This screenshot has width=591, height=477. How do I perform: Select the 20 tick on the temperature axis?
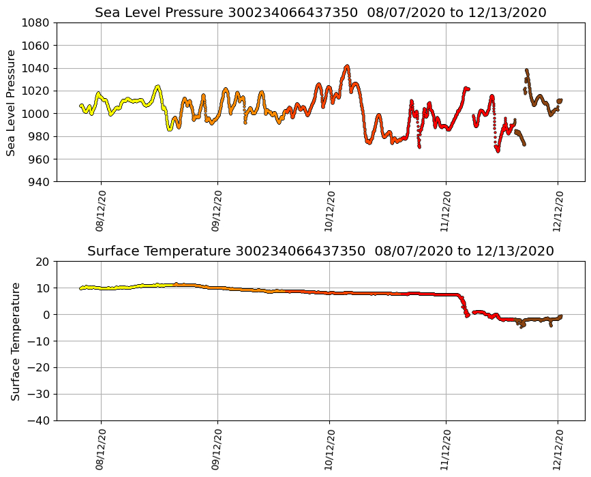pyautogui.click(x=43, y=262)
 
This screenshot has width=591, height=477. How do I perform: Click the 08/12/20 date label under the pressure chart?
pyautogui.click(x=100, y=211)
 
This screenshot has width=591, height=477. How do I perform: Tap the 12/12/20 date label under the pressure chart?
pyautogui.click(x=558, y=211)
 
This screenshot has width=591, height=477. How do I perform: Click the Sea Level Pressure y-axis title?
pyautogui.click(x=12, y=102)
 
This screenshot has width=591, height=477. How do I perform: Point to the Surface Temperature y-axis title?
pyautogui.click(x=15, y=341)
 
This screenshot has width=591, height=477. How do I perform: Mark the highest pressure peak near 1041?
pyautogui.click(x=347, y=66)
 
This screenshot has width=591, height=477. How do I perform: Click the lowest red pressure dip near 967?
pyautogui.click(x=498, y=151)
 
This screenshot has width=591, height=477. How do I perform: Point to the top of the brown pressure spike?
pyautogui.click(x=526, y=70)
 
